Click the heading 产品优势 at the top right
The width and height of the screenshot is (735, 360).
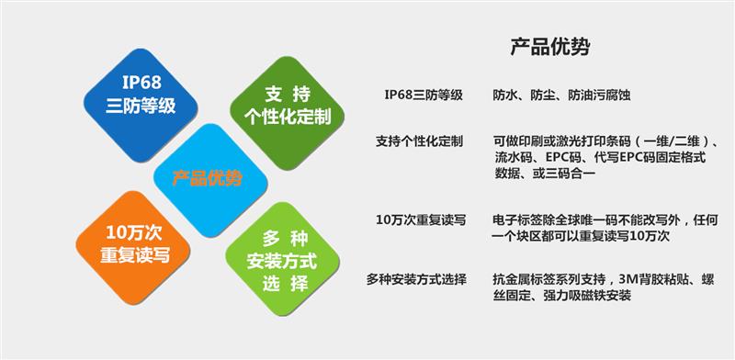(x=549, y=47)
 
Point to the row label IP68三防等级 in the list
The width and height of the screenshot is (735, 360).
(x=424, y=94)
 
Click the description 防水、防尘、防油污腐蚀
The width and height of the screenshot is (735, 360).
(x=560, y=94)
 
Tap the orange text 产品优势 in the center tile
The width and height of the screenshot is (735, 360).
(x=208, y=177)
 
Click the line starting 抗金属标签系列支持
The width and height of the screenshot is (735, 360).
(x=603, y=278)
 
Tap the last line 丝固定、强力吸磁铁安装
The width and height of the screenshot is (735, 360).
(x=562, y=295)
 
